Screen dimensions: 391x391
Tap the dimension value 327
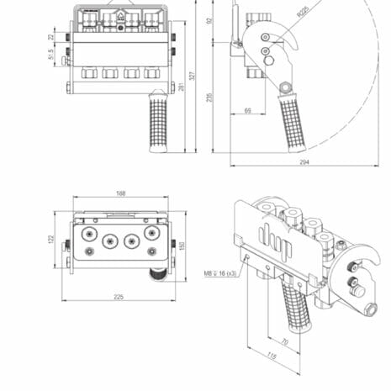tap(193, 77)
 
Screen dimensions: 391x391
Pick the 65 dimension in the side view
tap(248, 110)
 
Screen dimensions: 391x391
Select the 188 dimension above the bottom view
tap(120, 193)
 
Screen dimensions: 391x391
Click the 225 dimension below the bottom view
tap(118, 297)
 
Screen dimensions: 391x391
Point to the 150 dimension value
tap(182, 245)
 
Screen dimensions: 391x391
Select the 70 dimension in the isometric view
tap(284, 342)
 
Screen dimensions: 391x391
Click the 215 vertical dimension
tap(209, 97)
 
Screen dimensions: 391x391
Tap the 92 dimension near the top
tap(209, 22)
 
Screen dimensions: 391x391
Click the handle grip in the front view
tap(157, 123)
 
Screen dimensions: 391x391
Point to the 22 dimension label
tap(51, 37)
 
